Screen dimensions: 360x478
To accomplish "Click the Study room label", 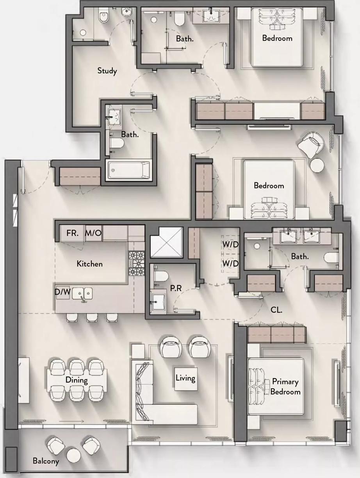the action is coord(107,71).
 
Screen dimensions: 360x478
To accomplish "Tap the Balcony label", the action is coord(46,461).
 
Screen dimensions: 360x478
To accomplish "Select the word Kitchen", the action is coord(89,264).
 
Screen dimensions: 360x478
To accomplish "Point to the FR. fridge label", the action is coord(72,233).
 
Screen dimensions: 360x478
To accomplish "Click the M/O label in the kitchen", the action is coord(93,233).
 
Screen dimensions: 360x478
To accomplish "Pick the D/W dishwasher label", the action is coord(62,292).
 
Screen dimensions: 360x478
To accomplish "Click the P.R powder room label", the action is coord(176,288).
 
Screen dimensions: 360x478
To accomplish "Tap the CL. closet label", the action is coord(276,310).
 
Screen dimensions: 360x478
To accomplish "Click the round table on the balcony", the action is coord(73,455).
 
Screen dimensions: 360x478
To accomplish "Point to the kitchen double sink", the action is coord(82,293).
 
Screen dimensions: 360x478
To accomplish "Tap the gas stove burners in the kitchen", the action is coord(137,263).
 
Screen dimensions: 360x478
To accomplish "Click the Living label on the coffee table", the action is coord(185,378).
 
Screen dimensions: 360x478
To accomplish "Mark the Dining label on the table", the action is coord(77,380).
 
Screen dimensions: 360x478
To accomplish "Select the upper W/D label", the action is coord(230,245).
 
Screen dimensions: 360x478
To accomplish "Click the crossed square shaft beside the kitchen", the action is coord(166,242).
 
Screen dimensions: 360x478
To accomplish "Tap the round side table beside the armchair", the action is coord(317,165).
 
